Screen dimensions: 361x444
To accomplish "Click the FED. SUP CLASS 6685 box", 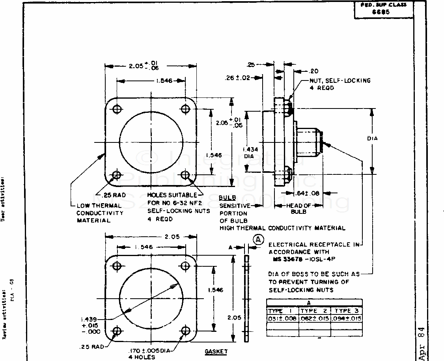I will pos(383,9).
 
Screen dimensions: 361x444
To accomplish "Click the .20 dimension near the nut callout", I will pos(314,71).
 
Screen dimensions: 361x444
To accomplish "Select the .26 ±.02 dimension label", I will pos(238,78).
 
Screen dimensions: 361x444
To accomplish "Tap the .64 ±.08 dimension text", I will pos(308,193).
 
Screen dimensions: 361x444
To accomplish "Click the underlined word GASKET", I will pos(216,351).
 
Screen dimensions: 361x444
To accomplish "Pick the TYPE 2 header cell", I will pos(314,311).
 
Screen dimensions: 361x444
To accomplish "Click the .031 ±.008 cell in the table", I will pos(282,318).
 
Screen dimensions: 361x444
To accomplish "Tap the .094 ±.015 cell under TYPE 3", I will pos(346,318).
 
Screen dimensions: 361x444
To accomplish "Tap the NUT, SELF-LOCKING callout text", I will pos(340,80).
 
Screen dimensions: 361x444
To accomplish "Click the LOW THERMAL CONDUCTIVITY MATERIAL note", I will pos(99,213).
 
